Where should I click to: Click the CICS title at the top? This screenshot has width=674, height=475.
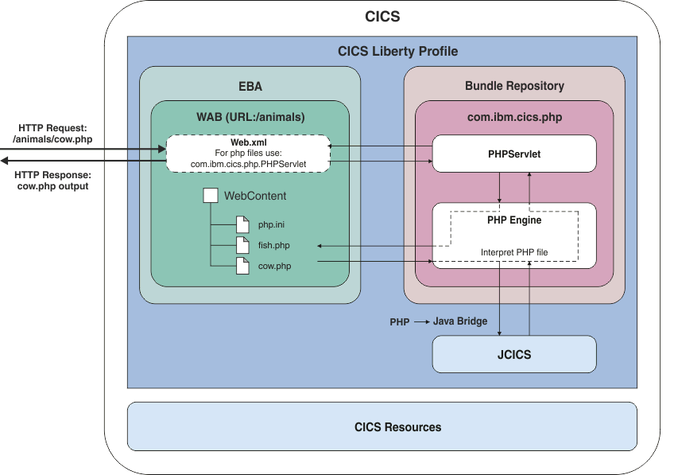pyautogui.click(x=382, y=17)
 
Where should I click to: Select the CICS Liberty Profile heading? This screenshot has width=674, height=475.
pyautogui.click(x=397, y=52)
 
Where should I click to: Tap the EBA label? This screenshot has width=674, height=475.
pyautogui.click(x=250, y=86)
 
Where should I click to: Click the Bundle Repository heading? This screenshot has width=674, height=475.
pyautogui.click(x=514, y=86)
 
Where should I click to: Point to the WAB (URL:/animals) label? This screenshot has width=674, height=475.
pyautogui.click(x=250, y=117)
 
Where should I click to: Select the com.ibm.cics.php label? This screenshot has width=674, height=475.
pyautogui.click(x=514, y=117)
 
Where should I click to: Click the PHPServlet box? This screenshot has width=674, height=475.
pyautogui.click(x=513, y=154)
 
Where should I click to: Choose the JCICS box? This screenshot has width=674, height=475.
pyautogui.click(x=513, y=354)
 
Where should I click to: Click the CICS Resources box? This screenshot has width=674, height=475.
pyautogui.click(x=397, y=426)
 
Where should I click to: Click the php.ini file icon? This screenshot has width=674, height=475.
pyautogui.click(x=242, y=225)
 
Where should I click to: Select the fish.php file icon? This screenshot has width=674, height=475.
pyautogui.click(x=242, y=246)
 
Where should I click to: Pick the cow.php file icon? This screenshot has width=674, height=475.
pyautogui.click(x=242, y=266)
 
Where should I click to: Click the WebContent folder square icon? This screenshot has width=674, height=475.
pyautogui.click(x=211, y=196)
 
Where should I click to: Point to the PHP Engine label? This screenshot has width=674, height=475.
pyautogui.click(x=513, y=220)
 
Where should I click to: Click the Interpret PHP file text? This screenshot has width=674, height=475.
pyautogui.click(x=513, y=252)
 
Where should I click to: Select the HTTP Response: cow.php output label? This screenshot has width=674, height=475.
pyautogui.click(x=52, y=181)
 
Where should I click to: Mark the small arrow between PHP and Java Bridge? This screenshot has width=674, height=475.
pyautogui.click(x=421, y=321)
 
